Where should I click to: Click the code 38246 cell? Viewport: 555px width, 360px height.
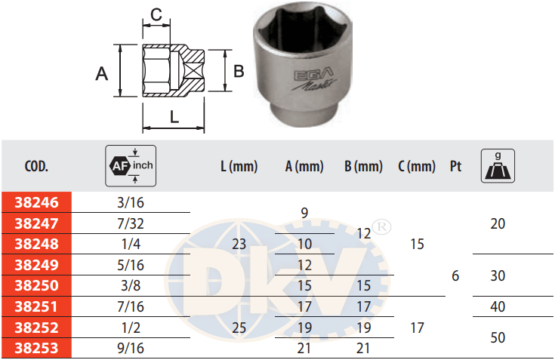[x=36, y=202]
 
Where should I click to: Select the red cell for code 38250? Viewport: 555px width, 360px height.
[x=36, y=285]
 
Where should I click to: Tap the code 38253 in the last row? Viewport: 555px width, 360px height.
[x=36, y=349]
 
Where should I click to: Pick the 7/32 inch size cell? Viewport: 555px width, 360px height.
[x=131, y=223]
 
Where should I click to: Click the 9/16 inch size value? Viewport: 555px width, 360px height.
[x=131, y=349]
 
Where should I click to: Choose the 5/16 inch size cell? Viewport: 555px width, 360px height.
[x=131, y=265]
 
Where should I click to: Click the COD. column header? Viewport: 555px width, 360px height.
[x=36, y=166]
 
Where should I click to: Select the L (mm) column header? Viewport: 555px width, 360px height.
[x=239, y=167]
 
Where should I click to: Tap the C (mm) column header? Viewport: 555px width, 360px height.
[x=417, y=167]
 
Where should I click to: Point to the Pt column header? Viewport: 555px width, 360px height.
[x=455, y=166]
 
